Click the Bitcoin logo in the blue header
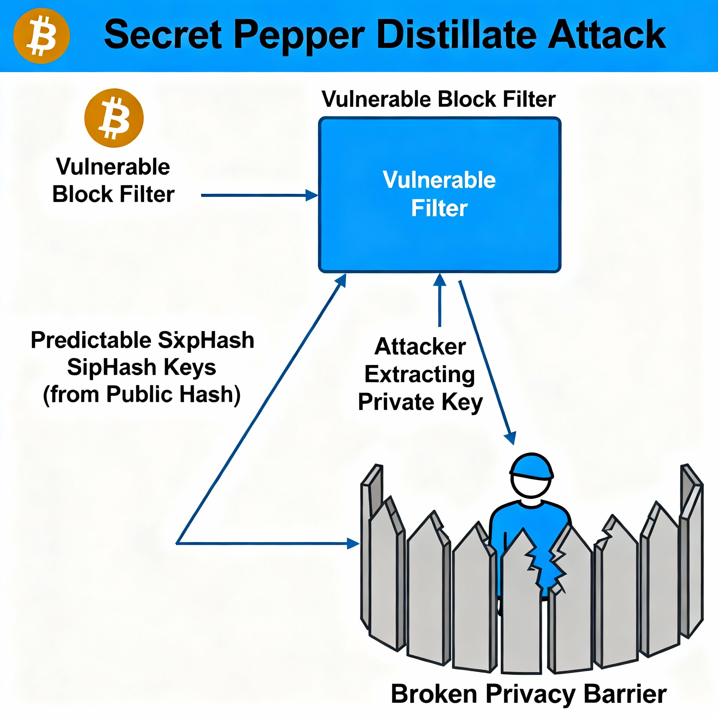coord(41,36)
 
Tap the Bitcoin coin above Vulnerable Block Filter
coord(114,118)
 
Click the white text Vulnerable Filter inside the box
coord(439,194)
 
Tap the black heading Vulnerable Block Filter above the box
coord(439,99)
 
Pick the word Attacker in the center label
coord(420,347)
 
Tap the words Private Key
coord(420,402)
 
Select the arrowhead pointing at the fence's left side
coord(353,543)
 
